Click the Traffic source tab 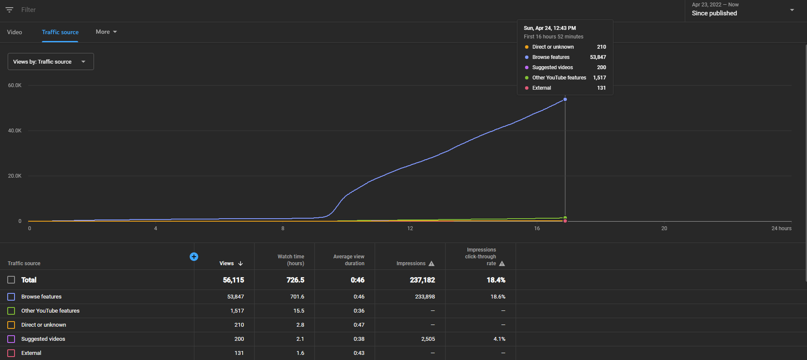(x=60, y=32)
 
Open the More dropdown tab (x=106, y=32)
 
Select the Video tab (x=15, y=32)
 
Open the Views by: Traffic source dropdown (x=51, y=61)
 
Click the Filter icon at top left (x=9, y=9)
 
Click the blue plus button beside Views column (x=194, y=257)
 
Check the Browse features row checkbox (x=11, y=297)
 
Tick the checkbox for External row (x=11, y=353)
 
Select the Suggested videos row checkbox (x=11, y=339)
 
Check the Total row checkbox (x=11, y=280)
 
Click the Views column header (x=231, y=263)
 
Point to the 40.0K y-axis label (x=15, y=131)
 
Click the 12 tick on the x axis (x=410, y=228)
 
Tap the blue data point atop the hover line (x=565, y=100)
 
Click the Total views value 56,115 (x=234, y=280)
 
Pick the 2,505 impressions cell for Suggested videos (x=428, y=339)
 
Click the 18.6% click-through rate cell (x=498, y=297)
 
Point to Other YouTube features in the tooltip (x=559, y=78)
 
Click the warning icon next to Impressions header (x=431, y=263)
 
